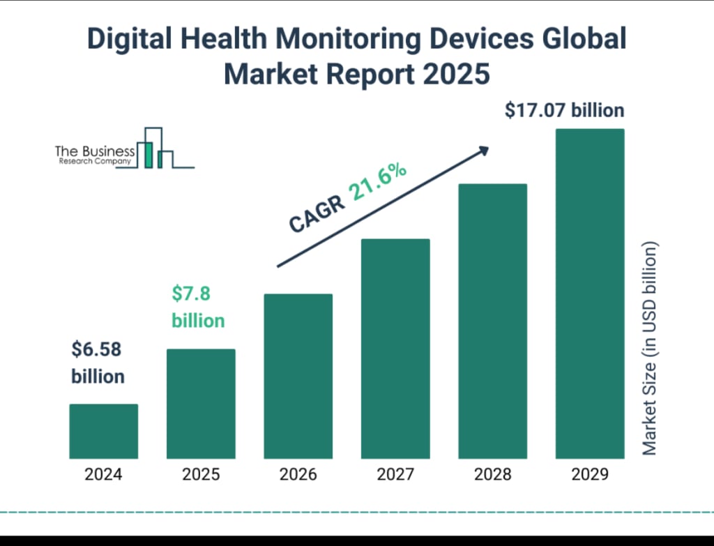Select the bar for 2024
click(x=103, y=431)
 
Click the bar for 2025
click(x=201, y=404)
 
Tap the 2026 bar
click(x=298, y=376)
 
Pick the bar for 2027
click(x=395, y=349)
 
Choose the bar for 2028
click(x=492, y=321)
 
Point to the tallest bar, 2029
click(x=590, y=294)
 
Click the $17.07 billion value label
click(x=565, y=110)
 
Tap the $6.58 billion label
click(x=98, y=363)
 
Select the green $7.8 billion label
click(x=198, y=307)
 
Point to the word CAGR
click(x=317, y=213)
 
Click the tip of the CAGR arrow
click(x=487, y=148)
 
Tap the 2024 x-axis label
click(x=103, y=475)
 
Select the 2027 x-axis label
click(x=395, y=475)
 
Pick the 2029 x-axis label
click(x=590, y=475)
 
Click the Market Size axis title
click(x=650, y=349)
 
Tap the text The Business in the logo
click(x=95, y=151)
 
